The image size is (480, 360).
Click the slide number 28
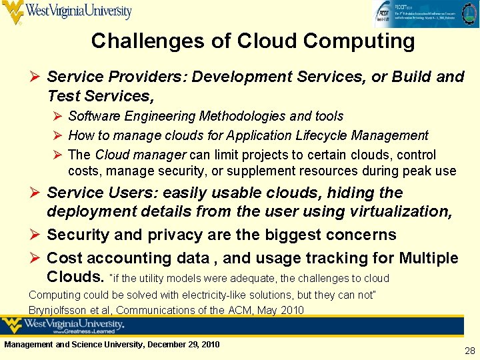(469, 351)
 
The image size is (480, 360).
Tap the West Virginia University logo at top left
(67, 11)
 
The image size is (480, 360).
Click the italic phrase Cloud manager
(141, 155)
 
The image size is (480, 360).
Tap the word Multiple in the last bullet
(429, 258)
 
